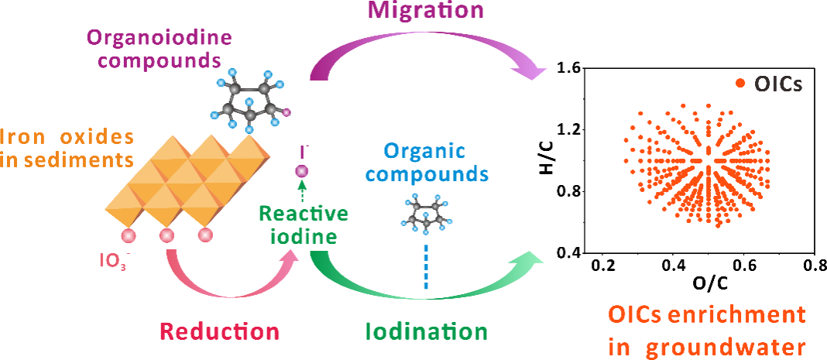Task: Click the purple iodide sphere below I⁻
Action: coord(303,171)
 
